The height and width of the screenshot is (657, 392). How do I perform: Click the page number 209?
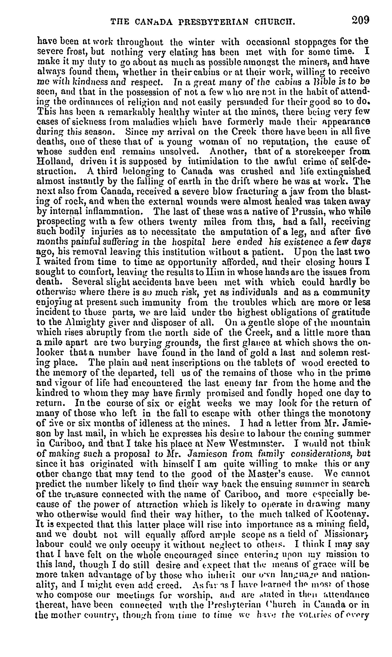[x=360, y=20]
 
